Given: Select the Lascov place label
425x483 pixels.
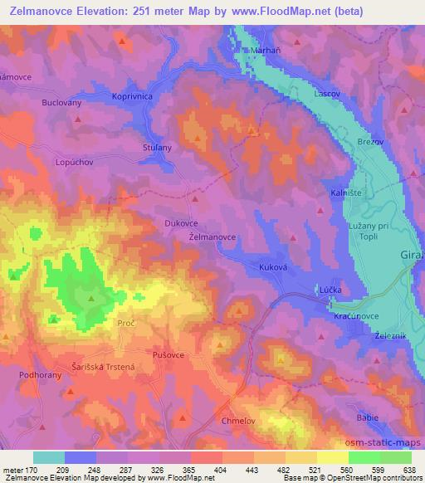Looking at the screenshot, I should pyautogui.click(x=327, y=94).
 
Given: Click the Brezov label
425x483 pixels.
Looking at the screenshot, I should pyautogui.click(x=370, y=142).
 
